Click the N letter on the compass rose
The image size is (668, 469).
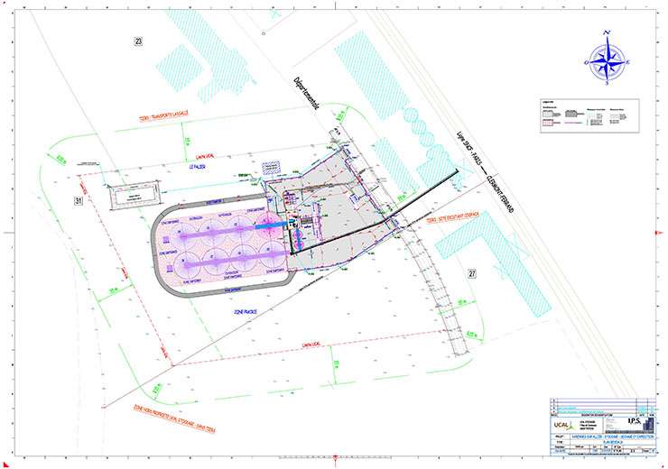click(608, 33)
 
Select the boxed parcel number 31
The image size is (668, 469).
click(79, 201)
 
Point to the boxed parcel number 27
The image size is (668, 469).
click(471, 271)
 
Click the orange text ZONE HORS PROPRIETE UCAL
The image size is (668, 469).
click(167, 414)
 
